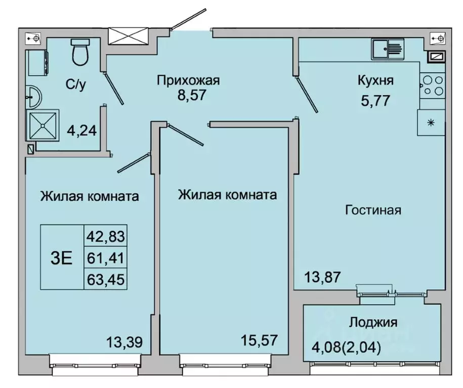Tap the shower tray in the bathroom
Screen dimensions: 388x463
(43, 124)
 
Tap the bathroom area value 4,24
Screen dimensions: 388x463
(81, 132)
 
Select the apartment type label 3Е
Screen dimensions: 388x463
(61, 257)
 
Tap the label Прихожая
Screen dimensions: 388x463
(188, 80)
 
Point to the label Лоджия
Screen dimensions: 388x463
(373, 322)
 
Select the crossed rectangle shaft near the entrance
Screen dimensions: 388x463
(127, 37)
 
